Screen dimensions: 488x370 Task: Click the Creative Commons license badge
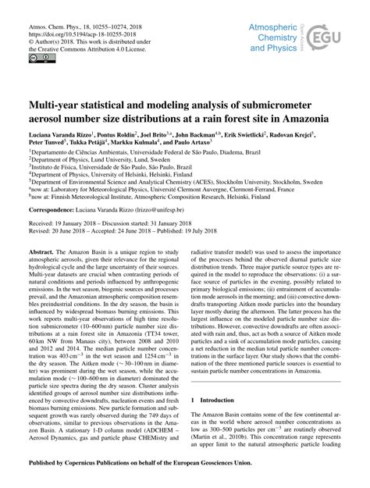(x=35, y=58)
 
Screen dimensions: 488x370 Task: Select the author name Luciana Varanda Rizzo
(x=56, y=135)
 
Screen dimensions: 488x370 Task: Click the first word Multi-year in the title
(x=56, y=104)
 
